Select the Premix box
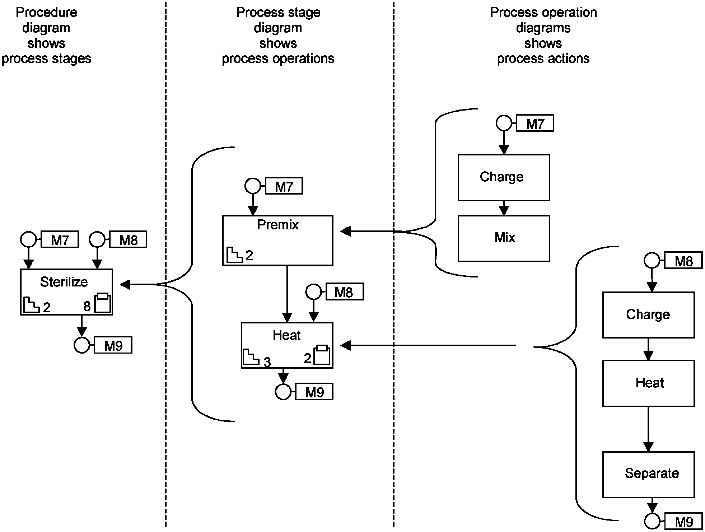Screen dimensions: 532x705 point(277,240)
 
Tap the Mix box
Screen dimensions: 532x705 point(504,238)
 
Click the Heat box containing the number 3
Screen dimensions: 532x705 point(287,345)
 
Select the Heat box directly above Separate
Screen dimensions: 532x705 point(648,383)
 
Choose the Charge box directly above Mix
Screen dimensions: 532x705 point(504,177)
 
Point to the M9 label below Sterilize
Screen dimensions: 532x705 point(113,345)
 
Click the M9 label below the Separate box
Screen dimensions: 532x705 point(683,521)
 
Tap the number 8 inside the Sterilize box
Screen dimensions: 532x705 point(87,306)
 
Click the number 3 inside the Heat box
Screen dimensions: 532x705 point(267,362)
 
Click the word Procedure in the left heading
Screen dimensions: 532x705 point(46,13)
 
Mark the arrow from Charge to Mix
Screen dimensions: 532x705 point(504,208)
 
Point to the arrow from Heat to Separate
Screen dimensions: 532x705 point(648,429)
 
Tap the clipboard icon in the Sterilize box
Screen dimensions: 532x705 point(103,303)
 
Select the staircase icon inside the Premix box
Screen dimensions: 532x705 point(234,255)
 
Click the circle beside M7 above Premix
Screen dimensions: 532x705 point(253,186)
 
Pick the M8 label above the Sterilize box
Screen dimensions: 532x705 point(128,240)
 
